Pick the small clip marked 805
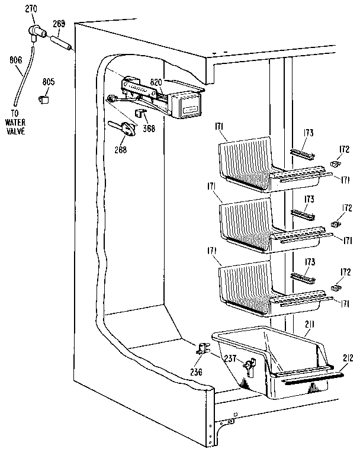click(x=44, y=99)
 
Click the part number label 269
click(x=59, y=25)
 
